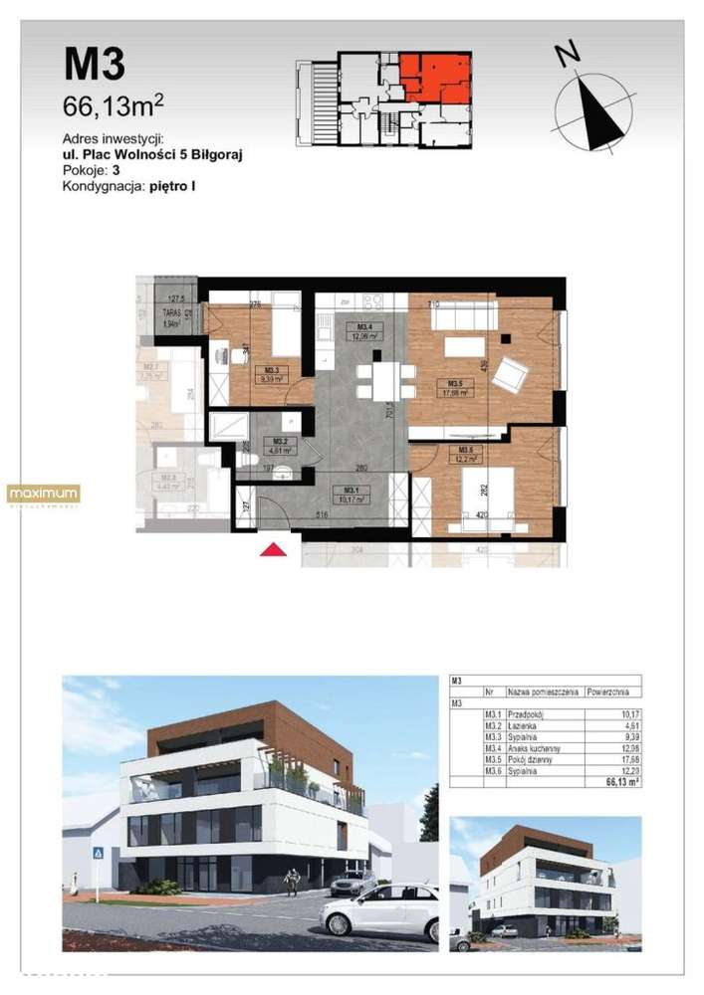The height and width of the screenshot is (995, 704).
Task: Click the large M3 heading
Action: pos(95,65)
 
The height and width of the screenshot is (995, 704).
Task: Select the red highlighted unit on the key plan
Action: pos(434,78)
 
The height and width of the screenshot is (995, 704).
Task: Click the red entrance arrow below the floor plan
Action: pos(273,549)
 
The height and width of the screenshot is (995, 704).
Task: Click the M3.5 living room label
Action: pos(454,388)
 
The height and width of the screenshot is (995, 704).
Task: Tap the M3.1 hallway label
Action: pos(351,492)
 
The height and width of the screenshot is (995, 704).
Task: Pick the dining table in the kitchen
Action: pos(377,378)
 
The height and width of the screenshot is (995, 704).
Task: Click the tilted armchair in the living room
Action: pos(512,374)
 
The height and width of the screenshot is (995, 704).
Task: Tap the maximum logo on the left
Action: pos(43,494)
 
